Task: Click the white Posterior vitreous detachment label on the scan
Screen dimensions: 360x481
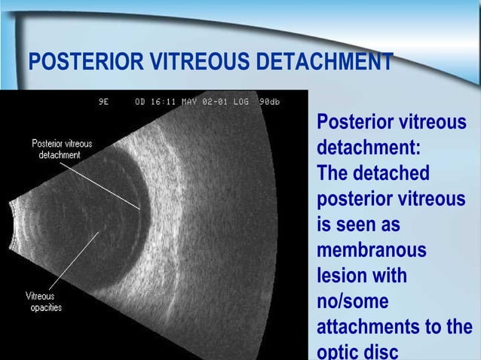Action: point(63,148)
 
